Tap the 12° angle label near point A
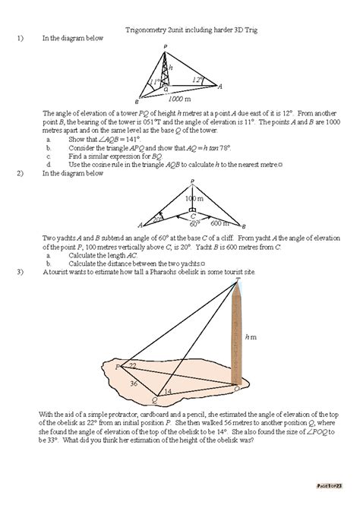tap(196, 79)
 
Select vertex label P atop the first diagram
tap(165, 47)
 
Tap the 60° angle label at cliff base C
tap(194, 223)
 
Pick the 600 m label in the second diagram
tap(219, 222)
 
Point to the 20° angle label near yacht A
tap(157, 219)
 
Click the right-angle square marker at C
tap(193, 209)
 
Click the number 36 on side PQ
tap(134, 383)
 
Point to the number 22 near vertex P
tap(132, 366)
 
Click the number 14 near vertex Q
tap(167, 391)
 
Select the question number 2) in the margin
tap(20, 173)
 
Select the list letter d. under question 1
tap(48, 164)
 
